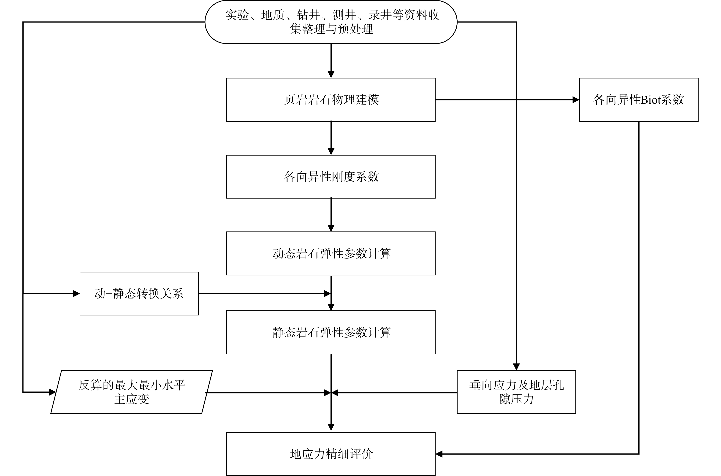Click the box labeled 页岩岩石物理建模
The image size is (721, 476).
pos(331,100)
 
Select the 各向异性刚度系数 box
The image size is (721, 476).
pos(331,177)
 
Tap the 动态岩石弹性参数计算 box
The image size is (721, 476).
pos(331,253)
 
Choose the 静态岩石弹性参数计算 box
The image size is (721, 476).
pos(331,332)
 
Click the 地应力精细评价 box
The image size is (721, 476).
pos(331,454)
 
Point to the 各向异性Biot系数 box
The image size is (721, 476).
pos(639,100)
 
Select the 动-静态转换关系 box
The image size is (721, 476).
pos(139,293)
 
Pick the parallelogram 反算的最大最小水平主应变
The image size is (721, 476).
pos(132,392)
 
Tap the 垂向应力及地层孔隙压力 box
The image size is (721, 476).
pos(516,392)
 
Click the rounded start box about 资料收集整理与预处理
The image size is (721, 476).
pos(331,22)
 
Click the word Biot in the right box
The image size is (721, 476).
pos(646,100)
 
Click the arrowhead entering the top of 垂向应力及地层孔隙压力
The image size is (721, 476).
pos(516,367)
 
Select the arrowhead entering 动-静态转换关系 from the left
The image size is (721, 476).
pos(76,293)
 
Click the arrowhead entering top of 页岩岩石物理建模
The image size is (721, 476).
pos(331,74)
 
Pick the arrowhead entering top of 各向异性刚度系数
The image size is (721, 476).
pos(331,151)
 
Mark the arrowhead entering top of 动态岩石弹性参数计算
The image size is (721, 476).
pos(331,228)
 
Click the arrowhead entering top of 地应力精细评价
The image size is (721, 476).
pos(331,427)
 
